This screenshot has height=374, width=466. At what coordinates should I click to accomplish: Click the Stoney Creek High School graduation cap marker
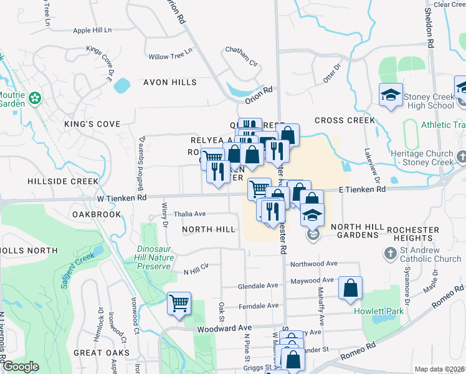pyautogui.click(x=391, y=95)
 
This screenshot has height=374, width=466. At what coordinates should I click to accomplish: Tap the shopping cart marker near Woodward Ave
pyautogui.click(x=179, y=304)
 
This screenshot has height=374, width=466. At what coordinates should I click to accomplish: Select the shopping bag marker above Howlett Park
pyautogui.click(x=351, y=288)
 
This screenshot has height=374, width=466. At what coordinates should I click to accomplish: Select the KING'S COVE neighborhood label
pyautogui.click(x=92, y=124)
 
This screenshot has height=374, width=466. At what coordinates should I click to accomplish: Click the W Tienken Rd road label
pyautogui.click(x=121, y=198)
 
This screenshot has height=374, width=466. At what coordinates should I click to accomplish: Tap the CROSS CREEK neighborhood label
pyautogui.click(x=345, y=120)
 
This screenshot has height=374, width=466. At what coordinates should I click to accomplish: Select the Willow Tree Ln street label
pyautogui.click(x=166, y=57)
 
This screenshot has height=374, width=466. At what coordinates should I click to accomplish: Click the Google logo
pyautogui.click(x=21, y=367)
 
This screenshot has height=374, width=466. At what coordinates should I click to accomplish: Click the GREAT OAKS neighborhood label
pyautogui.click(x=101, y=353)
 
